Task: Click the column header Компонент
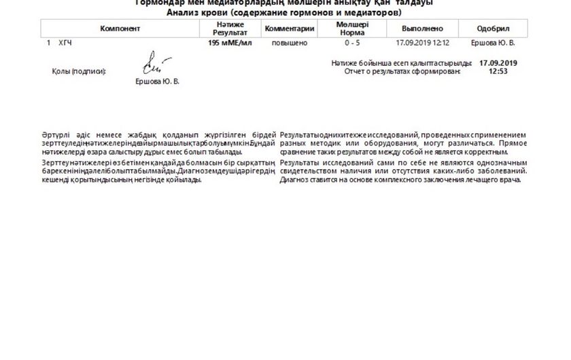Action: point(120,29)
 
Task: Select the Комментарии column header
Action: point(290,29)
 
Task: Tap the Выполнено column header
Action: point(422,29)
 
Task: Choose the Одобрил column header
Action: point(493,29)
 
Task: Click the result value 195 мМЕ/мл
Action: point(230,43)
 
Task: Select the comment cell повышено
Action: point(290,43)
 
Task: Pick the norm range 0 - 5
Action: point(351,43)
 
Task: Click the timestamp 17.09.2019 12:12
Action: point(422,43)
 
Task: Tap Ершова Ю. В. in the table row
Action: point(493,43)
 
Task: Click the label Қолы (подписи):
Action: point(80,71)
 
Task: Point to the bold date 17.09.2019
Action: point(498,62)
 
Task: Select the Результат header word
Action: point(230,32)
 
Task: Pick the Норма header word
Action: point(351,32)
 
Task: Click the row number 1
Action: point(49,43)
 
